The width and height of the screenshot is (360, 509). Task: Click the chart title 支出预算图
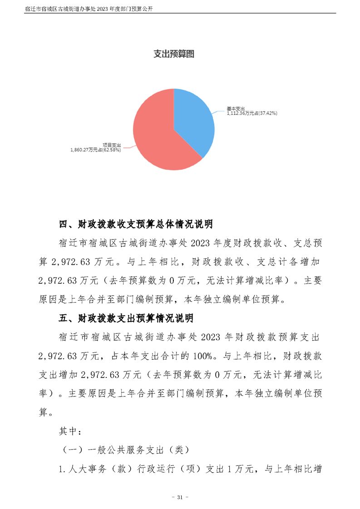(174, 54)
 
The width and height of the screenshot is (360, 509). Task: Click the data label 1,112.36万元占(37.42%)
(252, 113)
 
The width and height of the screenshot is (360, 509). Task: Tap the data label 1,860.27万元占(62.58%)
(96, 149)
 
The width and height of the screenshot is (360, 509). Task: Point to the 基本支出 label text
(236, 109)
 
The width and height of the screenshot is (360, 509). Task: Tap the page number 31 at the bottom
(179, 498)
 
